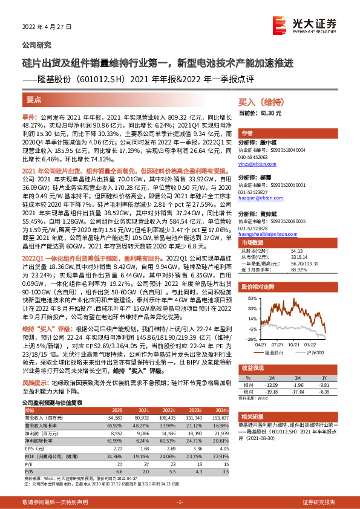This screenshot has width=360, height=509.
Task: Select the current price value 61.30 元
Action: point(270,113)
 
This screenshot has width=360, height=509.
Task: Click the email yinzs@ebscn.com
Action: point(258,164)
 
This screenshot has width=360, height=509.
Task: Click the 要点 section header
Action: point(34,100)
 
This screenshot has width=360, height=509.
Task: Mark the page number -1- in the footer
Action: point(180,502)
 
